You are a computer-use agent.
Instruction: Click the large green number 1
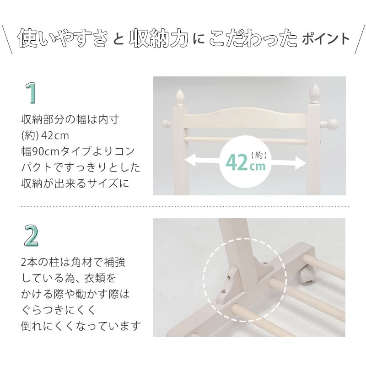31,93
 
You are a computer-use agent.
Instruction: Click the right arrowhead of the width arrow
302,161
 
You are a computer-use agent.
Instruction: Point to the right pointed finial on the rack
315,93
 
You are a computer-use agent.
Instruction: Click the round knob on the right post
333,124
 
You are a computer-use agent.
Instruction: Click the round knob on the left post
167,124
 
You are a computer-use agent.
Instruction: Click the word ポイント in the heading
326,39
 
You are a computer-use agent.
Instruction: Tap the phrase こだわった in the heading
253,39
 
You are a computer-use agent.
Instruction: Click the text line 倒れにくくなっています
81,326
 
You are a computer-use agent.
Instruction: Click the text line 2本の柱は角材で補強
73,263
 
